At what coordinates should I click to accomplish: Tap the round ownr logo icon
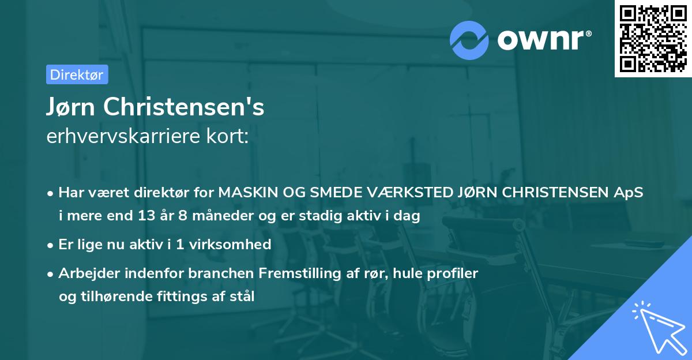tap(470, 40)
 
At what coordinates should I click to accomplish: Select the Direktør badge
tap(77, 74)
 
